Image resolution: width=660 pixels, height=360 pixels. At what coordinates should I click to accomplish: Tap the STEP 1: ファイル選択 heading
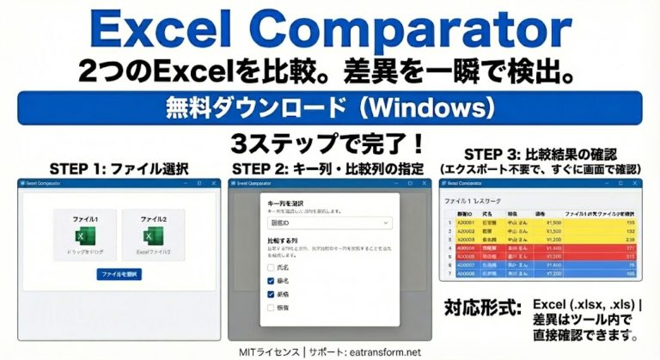[x=115, y=166]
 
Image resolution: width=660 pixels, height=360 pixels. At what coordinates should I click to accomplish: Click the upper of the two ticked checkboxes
[x=272, y=281]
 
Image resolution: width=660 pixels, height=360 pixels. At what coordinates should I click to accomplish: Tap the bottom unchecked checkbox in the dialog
[x=272, y=306]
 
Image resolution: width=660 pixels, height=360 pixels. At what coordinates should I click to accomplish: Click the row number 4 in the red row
[x=449, y=247]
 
